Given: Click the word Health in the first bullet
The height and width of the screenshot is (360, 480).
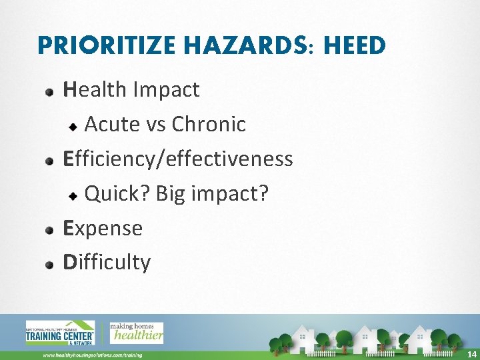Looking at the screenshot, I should pos(95,89).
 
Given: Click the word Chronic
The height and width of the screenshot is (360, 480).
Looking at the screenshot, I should pos(209,124).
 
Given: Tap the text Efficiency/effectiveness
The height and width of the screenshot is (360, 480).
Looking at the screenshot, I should pos(177,159).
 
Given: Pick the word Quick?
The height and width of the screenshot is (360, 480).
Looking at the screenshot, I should pos(118,193).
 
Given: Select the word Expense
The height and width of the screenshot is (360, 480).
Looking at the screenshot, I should pos(103,228).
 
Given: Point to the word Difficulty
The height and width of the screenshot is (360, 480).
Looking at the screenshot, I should pos(107,262).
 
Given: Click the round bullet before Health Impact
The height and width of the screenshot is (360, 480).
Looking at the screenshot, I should pos(50,91).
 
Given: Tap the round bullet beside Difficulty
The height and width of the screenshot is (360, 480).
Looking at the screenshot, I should pos(50,264).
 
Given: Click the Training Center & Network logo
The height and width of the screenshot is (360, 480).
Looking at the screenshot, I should pos(59,333).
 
